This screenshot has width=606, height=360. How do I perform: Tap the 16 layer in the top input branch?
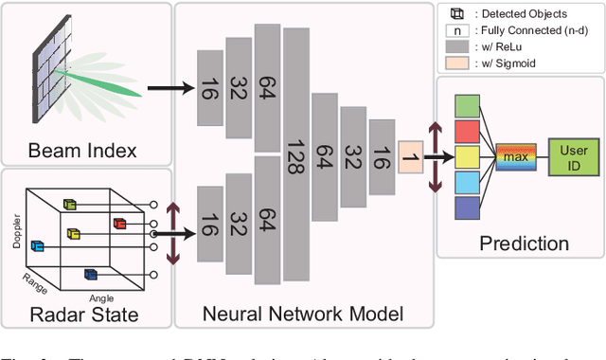[208, 88]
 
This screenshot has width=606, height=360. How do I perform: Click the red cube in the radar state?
[119, 224]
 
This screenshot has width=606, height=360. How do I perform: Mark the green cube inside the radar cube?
[69, 203]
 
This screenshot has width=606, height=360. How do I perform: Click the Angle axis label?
[101, 297]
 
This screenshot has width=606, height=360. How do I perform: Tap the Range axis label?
[36, 281]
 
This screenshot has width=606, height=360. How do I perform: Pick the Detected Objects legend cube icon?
[457, 13]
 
